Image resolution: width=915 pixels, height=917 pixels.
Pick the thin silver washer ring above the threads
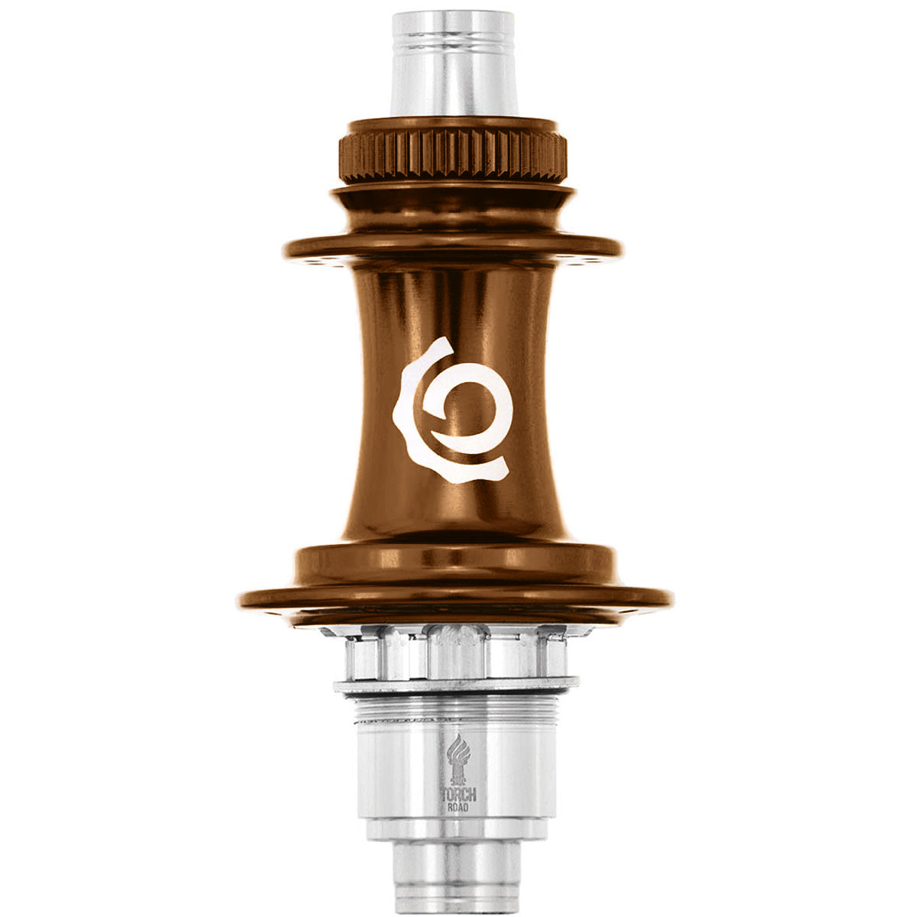pos(456,685)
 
